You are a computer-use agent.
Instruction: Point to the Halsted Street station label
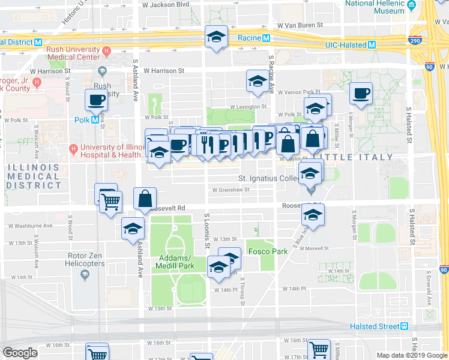coord(374,326)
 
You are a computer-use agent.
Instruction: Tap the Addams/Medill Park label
coord(176,262)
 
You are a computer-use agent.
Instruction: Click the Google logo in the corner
coord(20,353)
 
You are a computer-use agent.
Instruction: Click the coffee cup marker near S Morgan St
coord(361,93)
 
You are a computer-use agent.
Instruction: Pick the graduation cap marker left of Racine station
coord(216,38)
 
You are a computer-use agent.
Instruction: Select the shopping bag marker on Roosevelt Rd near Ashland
coord(145,199)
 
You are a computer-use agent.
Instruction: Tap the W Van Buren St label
coord(300,26)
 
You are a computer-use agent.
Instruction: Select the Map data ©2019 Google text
coord(411,355)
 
